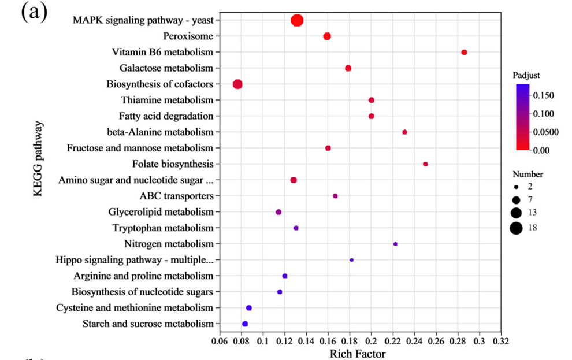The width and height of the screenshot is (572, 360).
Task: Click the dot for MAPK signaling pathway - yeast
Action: pyautogui.click(x=297, y=21)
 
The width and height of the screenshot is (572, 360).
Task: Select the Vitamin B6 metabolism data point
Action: pyautogui.click(x=464, y=53)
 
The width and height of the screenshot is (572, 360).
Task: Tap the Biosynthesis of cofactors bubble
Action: pyautogui.click(x=237, y=84)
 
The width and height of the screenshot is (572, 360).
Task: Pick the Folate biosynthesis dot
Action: pyautogui.click(x=425, y=164)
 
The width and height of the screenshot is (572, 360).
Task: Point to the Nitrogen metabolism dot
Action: pyautogui.click(x=395, y=244)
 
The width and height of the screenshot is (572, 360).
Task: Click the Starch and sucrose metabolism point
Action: pyautogui.click(x=245, y=324)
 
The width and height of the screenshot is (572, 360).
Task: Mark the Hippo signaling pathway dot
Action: pyautogui.click(x=351, y=260)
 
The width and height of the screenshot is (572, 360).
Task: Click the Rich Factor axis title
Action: pyautogui.click(x=357, y=353)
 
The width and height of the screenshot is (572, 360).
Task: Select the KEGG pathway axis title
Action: pyautogui.click(x=38, y=158)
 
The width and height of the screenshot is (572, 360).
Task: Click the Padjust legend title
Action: pyautogui.click(x=526, y=76)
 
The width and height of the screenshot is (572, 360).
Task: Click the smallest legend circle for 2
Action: pyautogui.click(x=516, y=187)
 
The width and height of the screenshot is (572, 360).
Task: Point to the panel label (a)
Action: pyautogui.click(x=34, y=12)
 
